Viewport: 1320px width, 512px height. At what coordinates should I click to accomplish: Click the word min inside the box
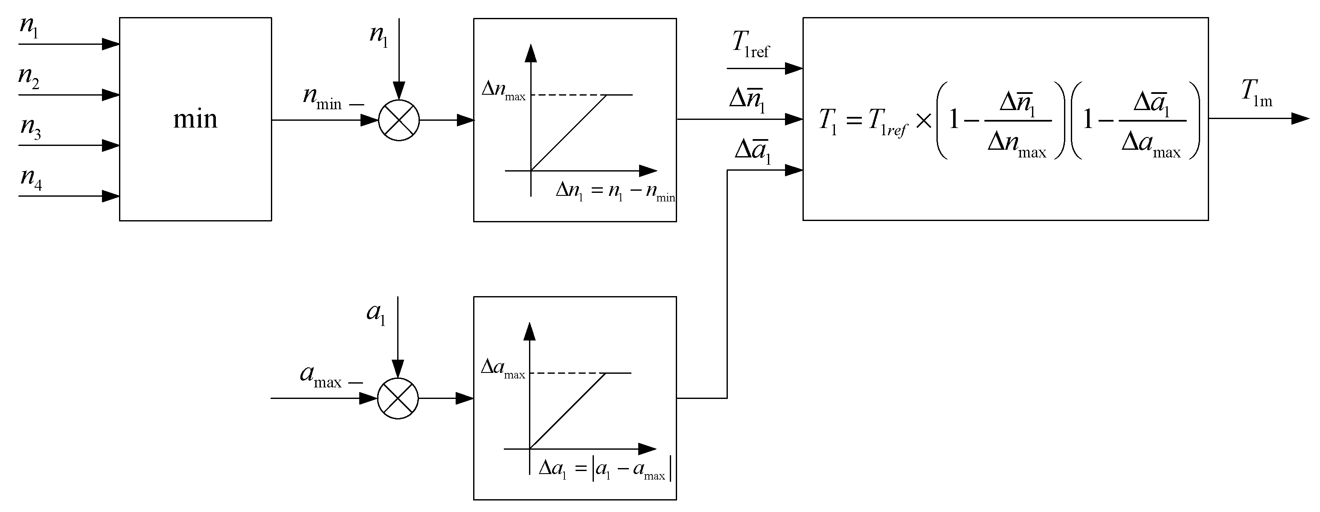195,119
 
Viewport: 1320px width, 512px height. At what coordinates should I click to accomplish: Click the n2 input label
29,78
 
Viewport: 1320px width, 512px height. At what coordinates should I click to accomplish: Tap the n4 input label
31,179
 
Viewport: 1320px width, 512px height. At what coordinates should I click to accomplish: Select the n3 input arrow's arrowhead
110,145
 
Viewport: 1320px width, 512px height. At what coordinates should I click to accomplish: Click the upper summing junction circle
398,120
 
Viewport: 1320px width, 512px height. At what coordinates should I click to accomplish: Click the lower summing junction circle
398,398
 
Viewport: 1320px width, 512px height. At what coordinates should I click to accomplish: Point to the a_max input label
321,377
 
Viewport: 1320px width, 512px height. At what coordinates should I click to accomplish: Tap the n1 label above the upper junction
379,35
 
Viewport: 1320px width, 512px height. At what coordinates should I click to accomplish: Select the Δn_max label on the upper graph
503,91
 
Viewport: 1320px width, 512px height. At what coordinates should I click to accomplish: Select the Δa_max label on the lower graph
502,369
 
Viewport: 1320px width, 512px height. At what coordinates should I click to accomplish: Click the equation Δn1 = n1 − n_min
615,192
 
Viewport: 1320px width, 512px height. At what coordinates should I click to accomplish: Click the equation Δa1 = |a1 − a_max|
605,470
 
